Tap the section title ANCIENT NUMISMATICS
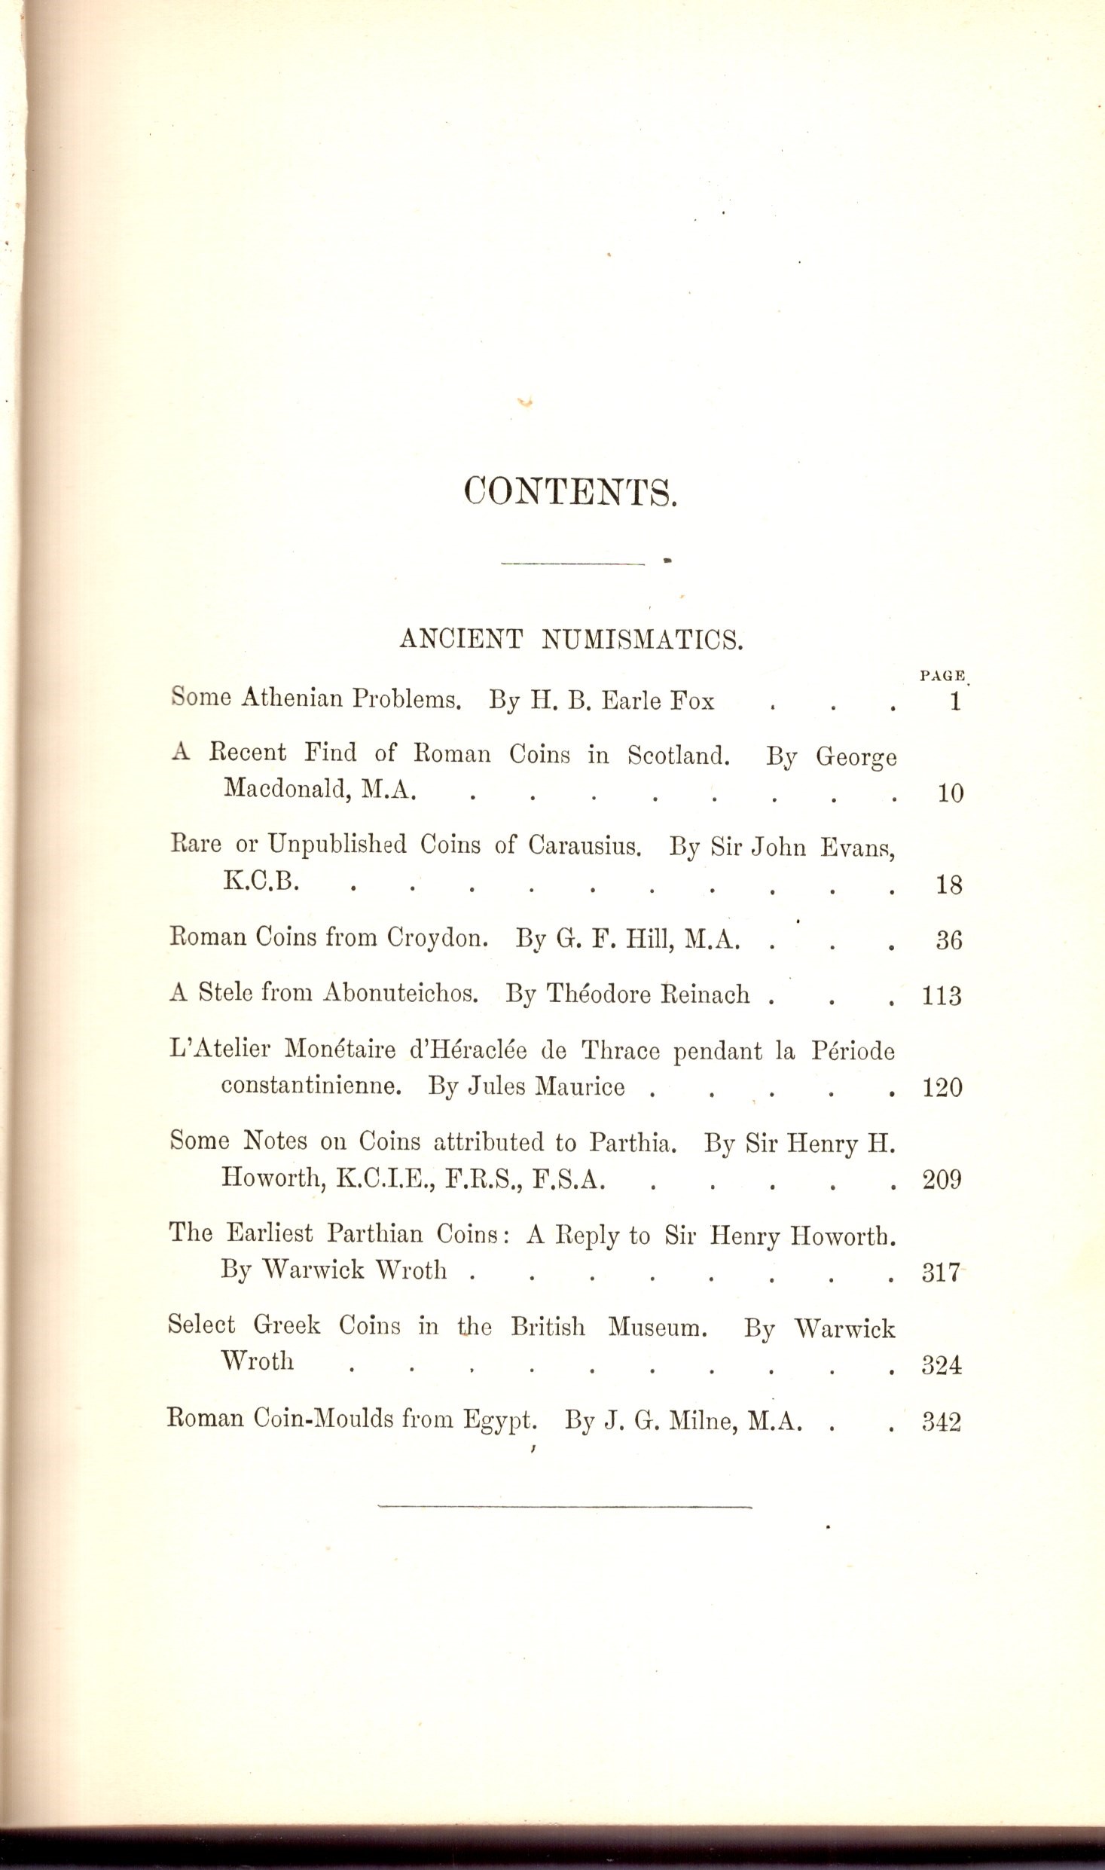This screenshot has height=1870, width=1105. (572, 639)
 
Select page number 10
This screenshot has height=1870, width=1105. (951, 794)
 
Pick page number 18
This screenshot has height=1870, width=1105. (950, 885)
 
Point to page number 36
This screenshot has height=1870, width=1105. (950, 941)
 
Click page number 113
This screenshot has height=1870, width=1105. (943, 997)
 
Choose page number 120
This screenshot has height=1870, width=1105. (943, 1088)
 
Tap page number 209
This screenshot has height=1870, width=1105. (943, 1180)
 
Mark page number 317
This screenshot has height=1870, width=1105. (942, 1273)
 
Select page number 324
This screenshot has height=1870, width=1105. (942, 1364)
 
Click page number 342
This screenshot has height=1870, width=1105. (942, 1422)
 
